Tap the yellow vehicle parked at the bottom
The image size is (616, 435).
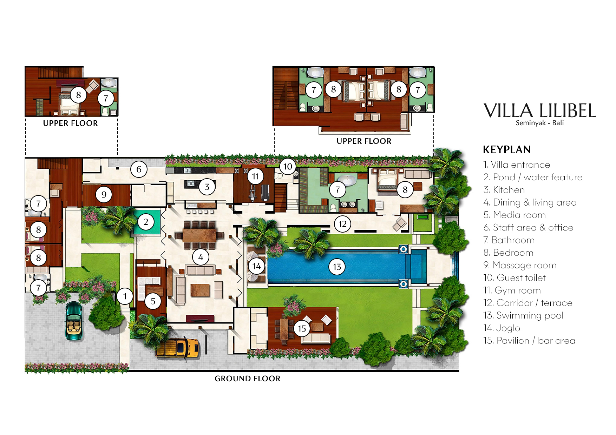click(x=178, y=348)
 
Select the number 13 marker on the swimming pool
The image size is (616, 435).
click(x=337, y=267)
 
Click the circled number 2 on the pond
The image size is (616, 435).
click(x=146, y=222)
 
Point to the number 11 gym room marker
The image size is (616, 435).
click(x=255, y=176)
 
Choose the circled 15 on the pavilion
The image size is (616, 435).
click(x=302, y=328)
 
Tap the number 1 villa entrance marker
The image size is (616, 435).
click(x=125, y=296)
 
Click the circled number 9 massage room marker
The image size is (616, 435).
click(x=104, y=194)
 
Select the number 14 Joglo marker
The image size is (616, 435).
click(x=256, y=266)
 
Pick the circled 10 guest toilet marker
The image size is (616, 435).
click(x=288, y=167)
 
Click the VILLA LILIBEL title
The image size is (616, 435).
click(x=539, y=111)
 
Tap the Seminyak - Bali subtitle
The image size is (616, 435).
click(x=539, y=123)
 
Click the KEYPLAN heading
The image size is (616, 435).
click(x=507, y=150)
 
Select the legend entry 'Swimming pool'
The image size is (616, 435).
click(x=523, y=315)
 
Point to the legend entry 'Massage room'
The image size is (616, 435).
click(x=520, y=265)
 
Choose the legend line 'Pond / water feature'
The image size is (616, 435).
click(x=533, y=177)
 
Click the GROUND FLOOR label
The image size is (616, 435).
click(x=248, y=379)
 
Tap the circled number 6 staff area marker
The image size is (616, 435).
click(x=139, y=169)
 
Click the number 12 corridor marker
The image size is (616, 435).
click(x=342, y=224)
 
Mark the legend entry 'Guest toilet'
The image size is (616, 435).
click(x=515, y=278)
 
